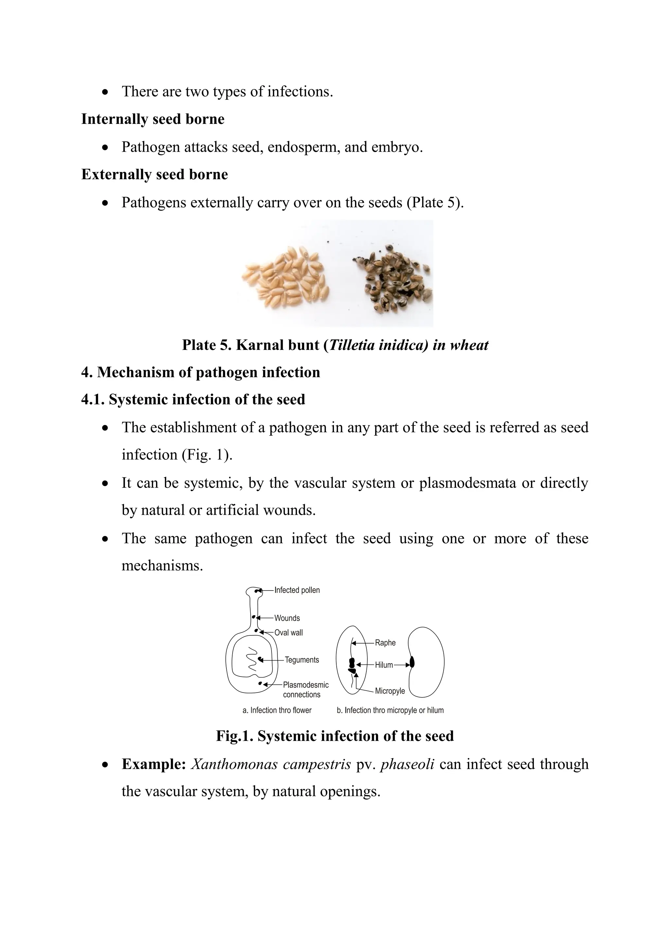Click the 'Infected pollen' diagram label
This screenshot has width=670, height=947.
pyautogui.click(x=297, y=590)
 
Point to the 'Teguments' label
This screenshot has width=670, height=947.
pyautogui.click(x=302, y=660)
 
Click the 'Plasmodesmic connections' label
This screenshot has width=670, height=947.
pyautogui.click(x=305, y=690)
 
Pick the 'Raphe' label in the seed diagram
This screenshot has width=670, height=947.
pyautogui.click(x=385, y=643)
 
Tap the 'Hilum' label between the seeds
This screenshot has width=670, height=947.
pyautogui.click(x=384, y=665)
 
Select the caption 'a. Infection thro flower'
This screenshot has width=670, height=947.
pyautogui.click(x=277, y=710)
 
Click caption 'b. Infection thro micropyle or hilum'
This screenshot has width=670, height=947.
pyautogui.click(x=390, y=710)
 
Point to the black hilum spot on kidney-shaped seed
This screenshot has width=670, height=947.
pyautogui.click(x=412, y=663)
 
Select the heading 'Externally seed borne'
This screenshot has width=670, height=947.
pyautogui.click(x=154, y=175)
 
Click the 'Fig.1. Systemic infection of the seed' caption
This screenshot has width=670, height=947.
pyautogui.click(x=335, y=736)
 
